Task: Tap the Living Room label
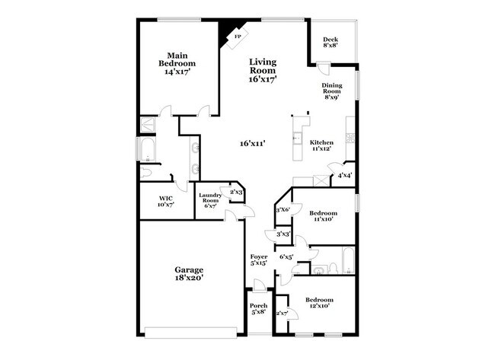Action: click(262, 70)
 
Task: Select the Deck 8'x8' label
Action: click(330, 42)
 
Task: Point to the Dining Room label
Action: click(331, 91)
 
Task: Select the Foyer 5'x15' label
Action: click(259, 262)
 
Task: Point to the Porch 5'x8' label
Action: click(259, 309)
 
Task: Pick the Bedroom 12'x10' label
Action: click(319, 304)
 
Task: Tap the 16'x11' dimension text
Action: click(252, 144)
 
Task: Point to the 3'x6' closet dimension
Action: click(283, 209)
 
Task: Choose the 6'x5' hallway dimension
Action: click(286, 257)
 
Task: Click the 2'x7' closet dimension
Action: click(282, 313)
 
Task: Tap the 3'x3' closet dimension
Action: click(283, 234)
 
